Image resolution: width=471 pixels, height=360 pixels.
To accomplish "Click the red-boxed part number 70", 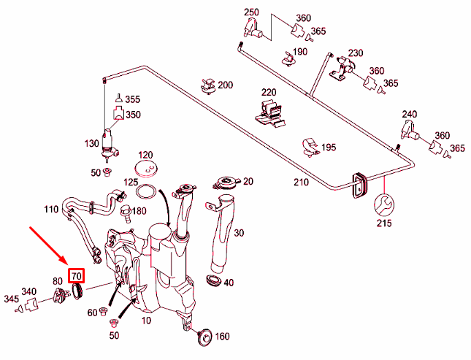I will [76, 275].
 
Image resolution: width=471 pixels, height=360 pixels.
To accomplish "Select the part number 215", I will [383, 223].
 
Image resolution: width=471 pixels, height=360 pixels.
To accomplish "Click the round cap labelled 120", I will [147, 170].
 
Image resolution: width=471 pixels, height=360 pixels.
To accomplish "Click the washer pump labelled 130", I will [112, 142].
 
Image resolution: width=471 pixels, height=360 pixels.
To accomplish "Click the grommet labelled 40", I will [215, 281].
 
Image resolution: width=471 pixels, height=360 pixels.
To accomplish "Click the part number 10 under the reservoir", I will [148, 320].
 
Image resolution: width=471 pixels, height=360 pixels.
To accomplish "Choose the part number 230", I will [356, 53].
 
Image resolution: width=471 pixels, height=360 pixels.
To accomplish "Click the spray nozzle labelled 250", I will [253, 29].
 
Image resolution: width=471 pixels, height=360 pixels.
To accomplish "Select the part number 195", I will [329, 148].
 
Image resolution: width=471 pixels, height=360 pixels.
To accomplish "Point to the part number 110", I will [50, 210].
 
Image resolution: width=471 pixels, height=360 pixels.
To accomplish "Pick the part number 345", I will [10, 299].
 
